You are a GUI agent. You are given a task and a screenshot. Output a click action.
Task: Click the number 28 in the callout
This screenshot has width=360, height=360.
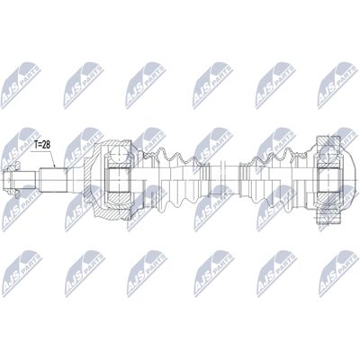click(x=46, y=145)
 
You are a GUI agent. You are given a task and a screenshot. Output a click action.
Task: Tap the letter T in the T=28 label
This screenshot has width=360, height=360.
click(x=35, y=145)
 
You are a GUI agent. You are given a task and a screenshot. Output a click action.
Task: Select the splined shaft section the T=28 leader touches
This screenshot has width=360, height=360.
click(x=53, y=180)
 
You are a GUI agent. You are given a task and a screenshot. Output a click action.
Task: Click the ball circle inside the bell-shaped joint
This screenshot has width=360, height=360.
click(x=119, y=155)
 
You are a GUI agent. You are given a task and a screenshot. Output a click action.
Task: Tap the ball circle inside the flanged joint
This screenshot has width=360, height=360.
click(x=328, y=155)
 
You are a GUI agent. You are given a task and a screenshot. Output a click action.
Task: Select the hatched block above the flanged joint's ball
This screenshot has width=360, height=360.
click(x=328, y=142)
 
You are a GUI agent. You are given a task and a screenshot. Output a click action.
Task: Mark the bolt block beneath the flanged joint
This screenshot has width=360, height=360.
click(x=329, y=218)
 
